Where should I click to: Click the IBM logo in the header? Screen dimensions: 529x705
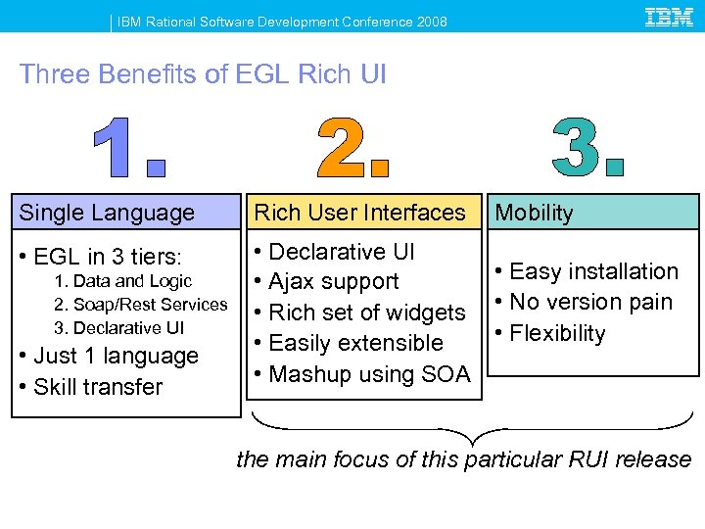pyautogui.click(x=670, y=17)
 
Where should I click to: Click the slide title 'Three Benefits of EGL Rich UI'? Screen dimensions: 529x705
pyautogui.click(x=203, y=74)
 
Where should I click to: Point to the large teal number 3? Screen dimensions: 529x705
pyautogui.click(x=587, y=148)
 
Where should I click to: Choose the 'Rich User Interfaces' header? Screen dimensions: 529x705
pyautogui.click(x=360, y=213)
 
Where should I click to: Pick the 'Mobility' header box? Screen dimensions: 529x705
pyautogui.click(x=593, y=213)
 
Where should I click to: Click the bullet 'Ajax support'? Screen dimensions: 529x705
pyautogui.click(x=333, y=282)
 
